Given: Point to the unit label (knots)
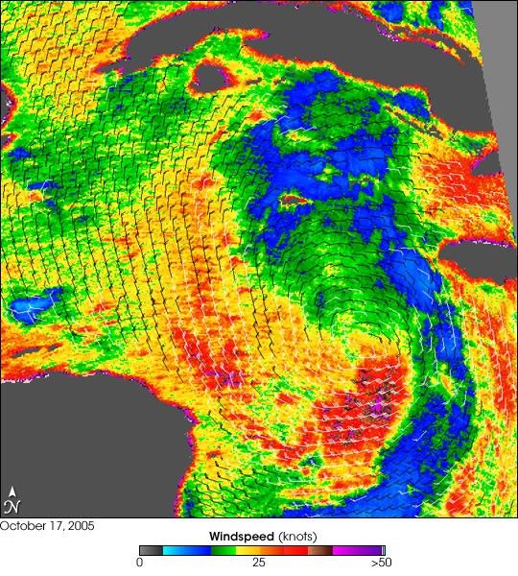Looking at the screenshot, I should (296, 535).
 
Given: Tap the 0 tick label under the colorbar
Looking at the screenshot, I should (140, 563).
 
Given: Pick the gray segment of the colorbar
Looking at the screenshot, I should (150, 550).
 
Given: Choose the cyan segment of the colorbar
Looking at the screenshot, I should (174, 550).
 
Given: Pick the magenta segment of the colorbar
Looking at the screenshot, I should (343, 550).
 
